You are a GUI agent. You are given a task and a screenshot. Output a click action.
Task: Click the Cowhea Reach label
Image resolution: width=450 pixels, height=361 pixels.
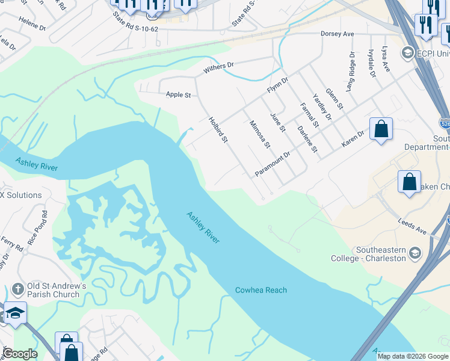260,290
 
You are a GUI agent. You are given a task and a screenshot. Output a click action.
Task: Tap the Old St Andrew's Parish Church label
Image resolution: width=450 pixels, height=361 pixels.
53,290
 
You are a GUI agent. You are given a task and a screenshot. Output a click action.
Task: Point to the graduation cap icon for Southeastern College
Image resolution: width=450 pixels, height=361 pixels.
415,253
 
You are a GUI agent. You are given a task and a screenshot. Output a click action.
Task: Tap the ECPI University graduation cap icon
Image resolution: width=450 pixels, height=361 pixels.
407,53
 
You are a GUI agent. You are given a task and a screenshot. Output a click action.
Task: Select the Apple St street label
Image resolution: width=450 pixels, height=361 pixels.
178,94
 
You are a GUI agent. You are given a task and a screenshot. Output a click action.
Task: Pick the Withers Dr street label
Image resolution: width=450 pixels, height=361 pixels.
218,64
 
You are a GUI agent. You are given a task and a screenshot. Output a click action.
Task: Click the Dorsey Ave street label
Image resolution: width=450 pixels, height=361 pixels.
337,34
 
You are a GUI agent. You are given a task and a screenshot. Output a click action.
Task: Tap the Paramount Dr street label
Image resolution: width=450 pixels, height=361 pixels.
273,163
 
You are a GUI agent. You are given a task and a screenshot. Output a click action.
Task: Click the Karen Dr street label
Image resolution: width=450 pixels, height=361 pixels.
353,139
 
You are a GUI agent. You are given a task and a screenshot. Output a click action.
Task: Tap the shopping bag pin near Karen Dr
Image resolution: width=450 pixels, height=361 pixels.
381,129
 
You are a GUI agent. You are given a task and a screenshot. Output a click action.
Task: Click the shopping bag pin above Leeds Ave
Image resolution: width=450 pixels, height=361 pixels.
409,182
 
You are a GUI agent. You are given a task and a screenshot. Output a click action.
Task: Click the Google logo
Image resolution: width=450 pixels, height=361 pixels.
19,354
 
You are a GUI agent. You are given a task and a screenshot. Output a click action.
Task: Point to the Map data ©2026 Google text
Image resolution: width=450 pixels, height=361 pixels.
412,356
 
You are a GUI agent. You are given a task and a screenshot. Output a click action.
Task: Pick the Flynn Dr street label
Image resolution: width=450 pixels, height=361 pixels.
278,88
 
